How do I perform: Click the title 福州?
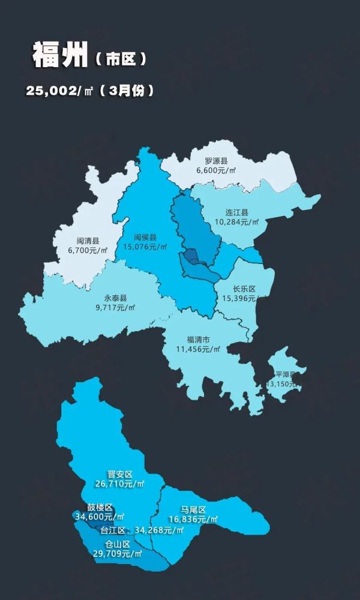(59, 56)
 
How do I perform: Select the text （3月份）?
(127, 91)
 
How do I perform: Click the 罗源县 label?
(216, 161)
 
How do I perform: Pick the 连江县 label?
(237, 212)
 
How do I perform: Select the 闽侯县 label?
(145, 238)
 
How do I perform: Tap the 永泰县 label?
(115, 298)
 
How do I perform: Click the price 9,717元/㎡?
(115, 307)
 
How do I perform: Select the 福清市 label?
(198, 340)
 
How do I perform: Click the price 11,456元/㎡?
(198, 349)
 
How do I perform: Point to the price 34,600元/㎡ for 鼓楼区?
(100, 516)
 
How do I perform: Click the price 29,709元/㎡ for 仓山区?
(118, 553)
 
